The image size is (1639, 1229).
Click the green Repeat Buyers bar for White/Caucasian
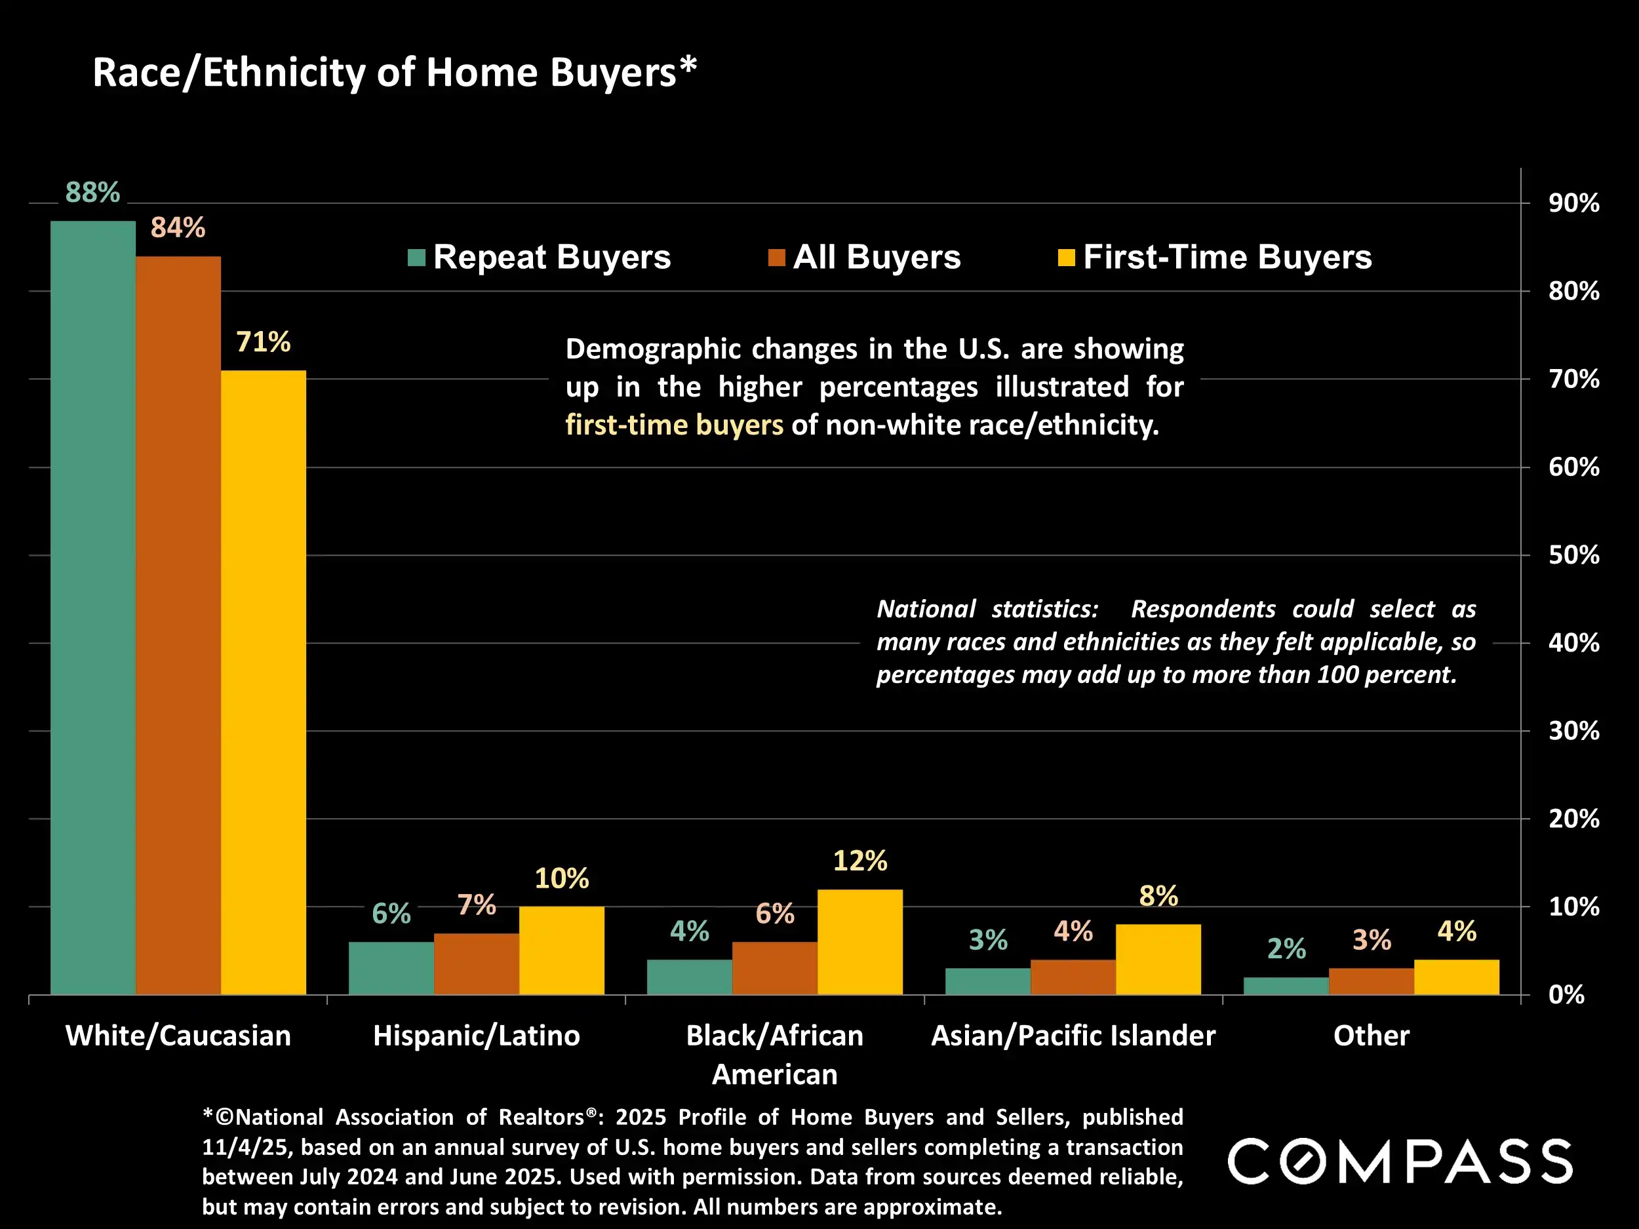(x=92, y=608)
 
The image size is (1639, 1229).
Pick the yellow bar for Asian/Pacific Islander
(x=1158, y=960)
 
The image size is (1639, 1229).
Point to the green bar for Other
(x=1286, y=986)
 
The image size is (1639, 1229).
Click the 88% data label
(x=92, y=193)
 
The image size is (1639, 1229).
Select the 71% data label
(x=263, y=342)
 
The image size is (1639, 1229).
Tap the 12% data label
(x=859, y=861)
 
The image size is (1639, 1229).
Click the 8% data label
(x=1158, y=897)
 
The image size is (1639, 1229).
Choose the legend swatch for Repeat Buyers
(x=416, y=258)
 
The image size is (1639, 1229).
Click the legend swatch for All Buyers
(x=776, y=258)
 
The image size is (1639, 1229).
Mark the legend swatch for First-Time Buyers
(x=1066, y=258)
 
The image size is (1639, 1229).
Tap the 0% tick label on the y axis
(x=1566, y=995)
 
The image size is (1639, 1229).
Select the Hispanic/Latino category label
(x=477, y=1036)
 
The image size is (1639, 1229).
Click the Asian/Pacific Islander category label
(x=1073, y=1036)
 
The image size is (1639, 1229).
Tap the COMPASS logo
(x=1400, y=1161)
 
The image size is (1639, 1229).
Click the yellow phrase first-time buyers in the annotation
(x=673, y=425)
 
